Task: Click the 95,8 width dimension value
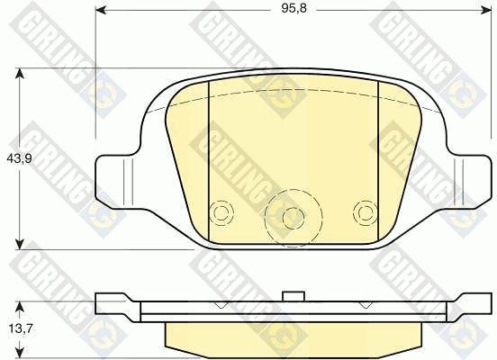coord(294,9)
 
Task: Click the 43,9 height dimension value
coord(19,158)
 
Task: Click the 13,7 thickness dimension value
coord(21,329)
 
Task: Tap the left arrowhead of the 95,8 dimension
coord(101,11)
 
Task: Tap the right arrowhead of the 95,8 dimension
coord(486,11)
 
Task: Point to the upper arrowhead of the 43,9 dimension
coord(20,74)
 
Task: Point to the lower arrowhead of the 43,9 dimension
coord(20,244)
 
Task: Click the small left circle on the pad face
coord(221,212)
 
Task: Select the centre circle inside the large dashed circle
coord(294,218)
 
